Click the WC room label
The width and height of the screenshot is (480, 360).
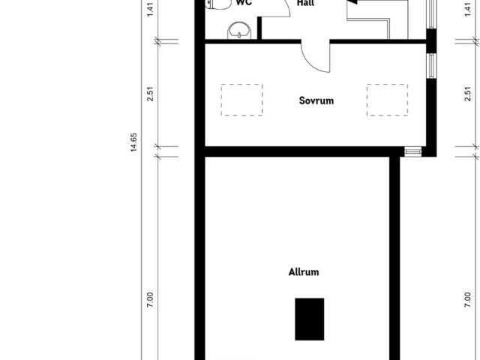pyautogui.click(x=242, y=3)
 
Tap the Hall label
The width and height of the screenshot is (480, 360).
pyautogui.click(x=305, y=3)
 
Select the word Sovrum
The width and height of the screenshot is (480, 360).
pyautogui.click(x=316, y=100)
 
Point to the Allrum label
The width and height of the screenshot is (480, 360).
pyautogui.click(x=304, y=271)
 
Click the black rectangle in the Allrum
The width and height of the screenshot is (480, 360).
pyautogui.click(x=310, y=318)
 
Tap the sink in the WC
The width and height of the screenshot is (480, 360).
pyautogui.click(x=238, y=30)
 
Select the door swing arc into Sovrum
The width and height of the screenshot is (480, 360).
pyautogui.click(x=315, y=57)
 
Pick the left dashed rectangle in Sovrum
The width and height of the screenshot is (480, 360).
pyautogui.click(x=241, y=100)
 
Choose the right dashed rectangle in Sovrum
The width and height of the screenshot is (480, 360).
pyautogui.click(x=387, y=100)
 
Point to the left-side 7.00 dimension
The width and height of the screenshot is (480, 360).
pyautogui.click(x=151, y=300)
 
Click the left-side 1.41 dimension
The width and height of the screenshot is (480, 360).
pyautogui.click(x=151, y=9)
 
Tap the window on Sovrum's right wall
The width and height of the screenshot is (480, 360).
pyautogui.click(x=431, y=66)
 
